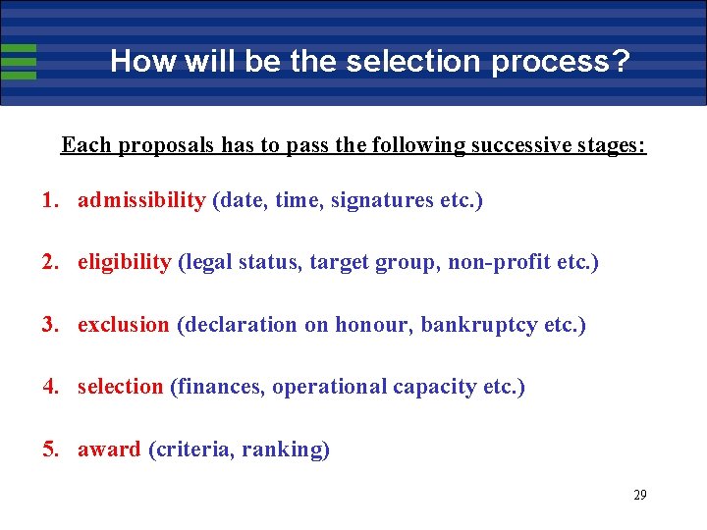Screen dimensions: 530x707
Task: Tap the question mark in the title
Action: (x=620, y=61)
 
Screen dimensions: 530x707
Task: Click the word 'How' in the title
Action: (x=136, y=61)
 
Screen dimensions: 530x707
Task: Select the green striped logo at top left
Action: (x=19, y=61)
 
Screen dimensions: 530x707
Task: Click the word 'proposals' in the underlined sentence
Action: (x=167, y=145)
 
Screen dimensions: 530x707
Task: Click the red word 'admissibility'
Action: (x=141, y=200)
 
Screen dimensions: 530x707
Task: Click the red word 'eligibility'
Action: (x=124, y=262)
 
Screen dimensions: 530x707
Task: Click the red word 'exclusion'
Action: (x=123, y=324)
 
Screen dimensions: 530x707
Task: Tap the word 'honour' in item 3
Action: (x=374, y=324)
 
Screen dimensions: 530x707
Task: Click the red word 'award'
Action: (x=109, y=450)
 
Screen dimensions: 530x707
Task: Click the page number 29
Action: (x=639, y=495)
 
